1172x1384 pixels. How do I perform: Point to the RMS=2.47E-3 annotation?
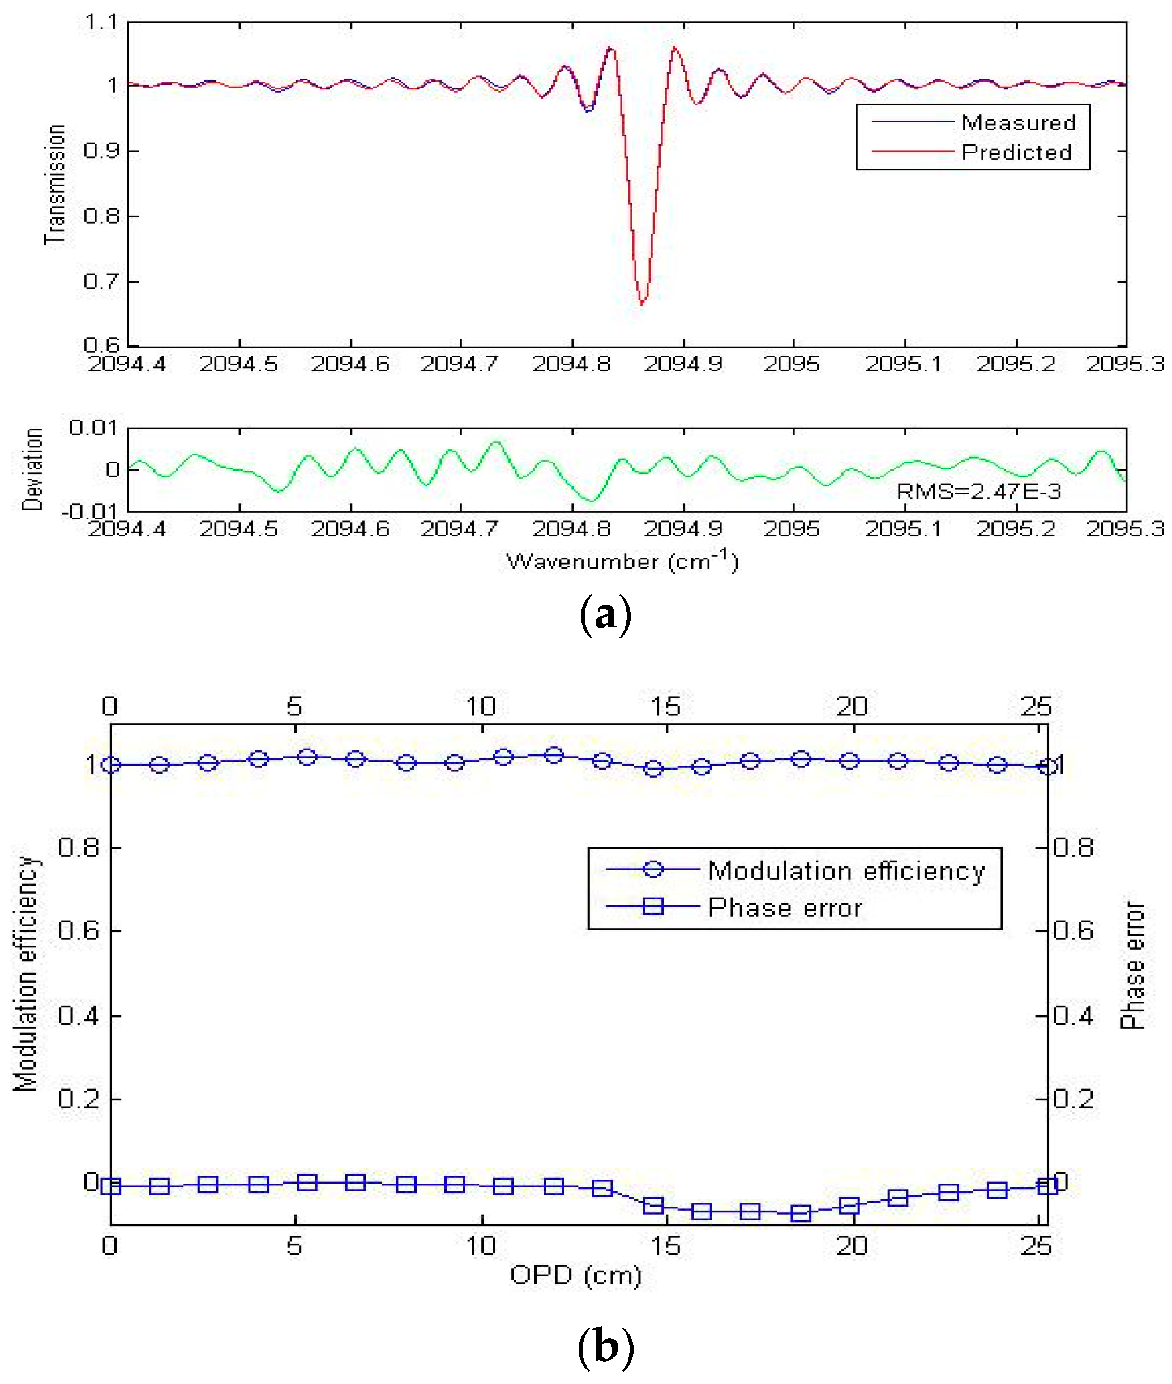coord(979,491)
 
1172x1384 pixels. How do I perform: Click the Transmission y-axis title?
coord(54,184)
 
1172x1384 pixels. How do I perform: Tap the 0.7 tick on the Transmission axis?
coord(101,281)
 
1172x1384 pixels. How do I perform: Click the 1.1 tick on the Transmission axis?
coord(101,22)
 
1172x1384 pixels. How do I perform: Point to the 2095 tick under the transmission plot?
coord(792,364)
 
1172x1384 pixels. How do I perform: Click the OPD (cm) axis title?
coord(575,1275)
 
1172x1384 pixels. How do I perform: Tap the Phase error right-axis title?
coord(1133,966)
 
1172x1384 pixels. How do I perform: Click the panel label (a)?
coord(605,615)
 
